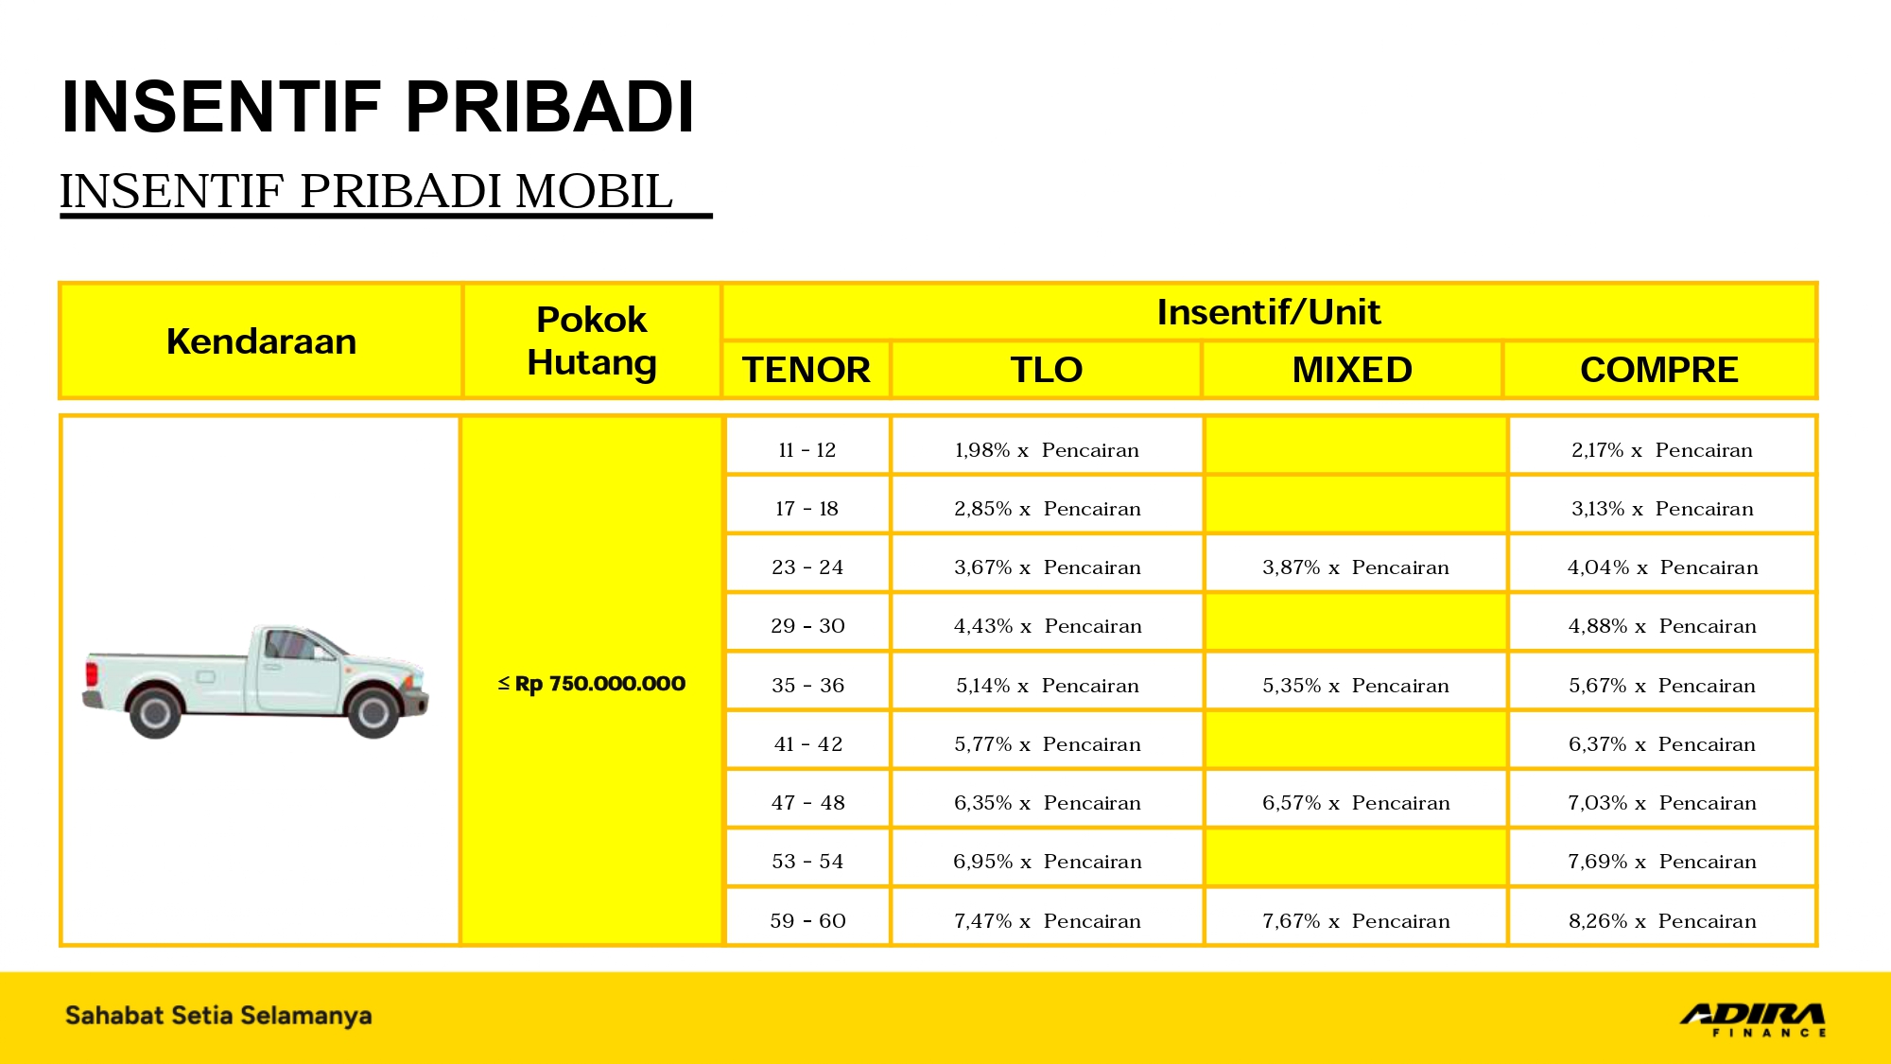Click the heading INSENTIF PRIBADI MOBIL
[367, 192]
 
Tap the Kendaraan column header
[261, 341]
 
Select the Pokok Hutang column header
[591, 341]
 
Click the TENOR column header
[806, 370]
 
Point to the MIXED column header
[1352, 370]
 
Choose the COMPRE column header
[1658, 370]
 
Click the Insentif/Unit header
[1268, 312]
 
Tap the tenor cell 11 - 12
[807, 450]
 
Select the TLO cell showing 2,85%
[1047, 509]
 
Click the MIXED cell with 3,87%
[1355, 567]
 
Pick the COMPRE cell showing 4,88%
[1661, 626]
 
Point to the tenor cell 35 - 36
[807, 686]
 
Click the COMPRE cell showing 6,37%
[1661, 744]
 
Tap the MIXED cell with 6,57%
[1355, 803]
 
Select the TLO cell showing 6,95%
[1047, 862]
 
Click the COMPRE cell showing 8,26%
[1661, 921]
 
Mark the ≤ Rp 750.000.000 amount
[591, 684]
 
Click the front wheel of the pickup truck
[373, 711]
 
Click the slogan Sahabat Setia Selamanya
[218, 1016]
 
